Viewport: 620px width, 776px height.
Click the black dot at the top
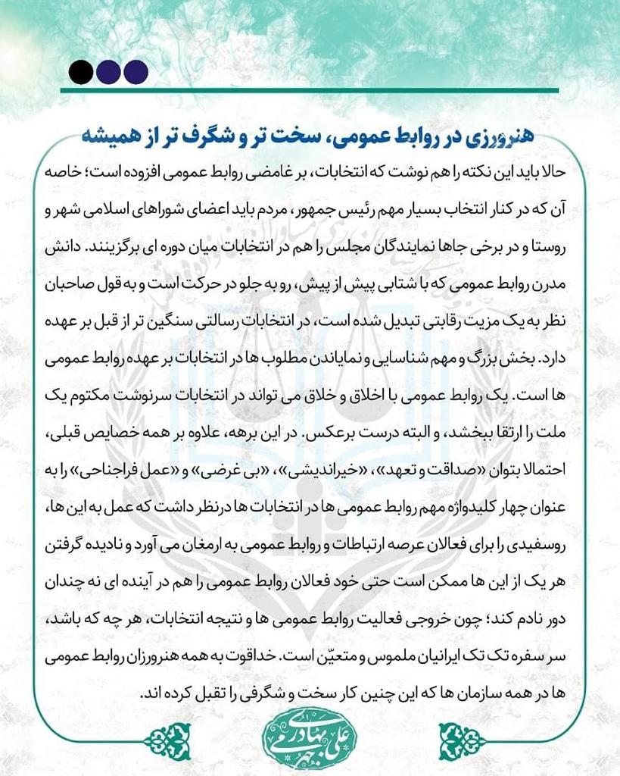pyautogui.click(x=80, y=71)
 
